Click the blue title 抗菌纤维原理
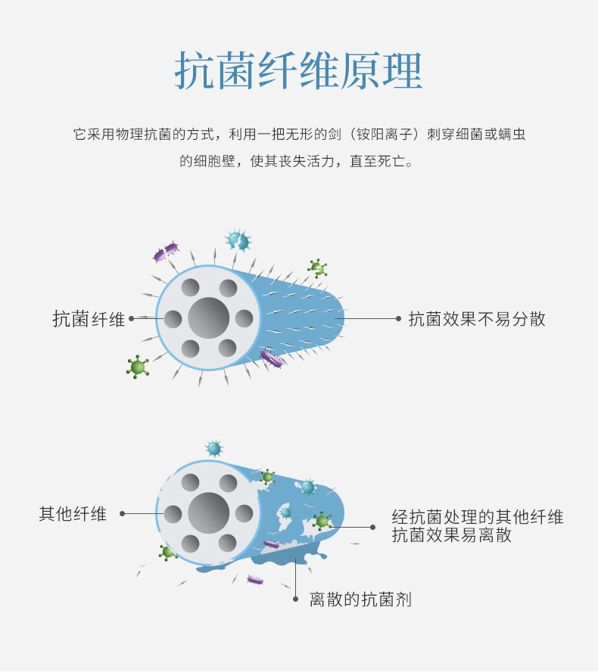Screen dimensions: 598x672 click(298, 71)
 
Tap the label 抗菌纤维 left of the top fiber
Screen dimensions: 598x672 click(89, 319)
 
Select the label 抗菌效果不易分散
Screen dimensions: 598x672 click(477, 319)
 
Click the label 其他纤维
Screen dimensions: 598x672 click(73, 514)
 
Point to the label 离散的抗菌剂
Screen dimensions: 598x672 click(360, 599)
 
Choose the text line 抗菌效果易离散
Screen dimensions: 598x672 click(452, 535)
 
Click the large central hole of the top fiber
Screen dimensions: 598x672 click(209, 318)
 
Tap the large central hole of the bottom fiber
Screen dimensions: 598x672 click(209, 513)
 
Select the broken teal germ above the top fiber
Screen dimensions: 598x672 click(238, 240)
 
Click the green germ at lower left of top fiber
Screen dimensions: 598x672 click(138, 367)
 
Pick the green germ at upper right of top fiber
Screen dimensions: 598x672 click(317, 268)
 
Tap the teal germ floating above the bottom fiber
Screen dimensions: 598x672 click(213, 449)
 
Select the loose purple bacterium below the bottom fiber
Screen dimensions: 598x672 click(255, 581)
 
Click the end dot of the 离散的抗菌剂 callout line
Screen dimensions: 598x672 click(295, 599)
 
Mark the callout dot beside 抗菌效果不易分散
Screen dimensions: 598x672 click(398, 318)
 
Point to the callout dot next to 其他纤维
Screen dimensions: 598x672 click(123, 513)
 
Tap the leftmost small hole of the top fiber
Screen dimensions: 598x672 click(173, 319)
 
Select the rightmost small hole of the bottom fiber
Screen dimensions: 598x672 click(244, 513)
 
